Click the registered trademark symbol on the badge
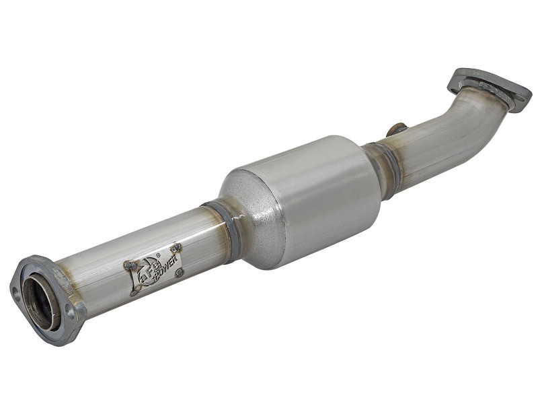click(x=157, y=255)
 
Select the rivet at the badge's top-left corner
click(x=128, y=265)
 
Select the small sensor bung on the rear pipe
click(x=397, y=129)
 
